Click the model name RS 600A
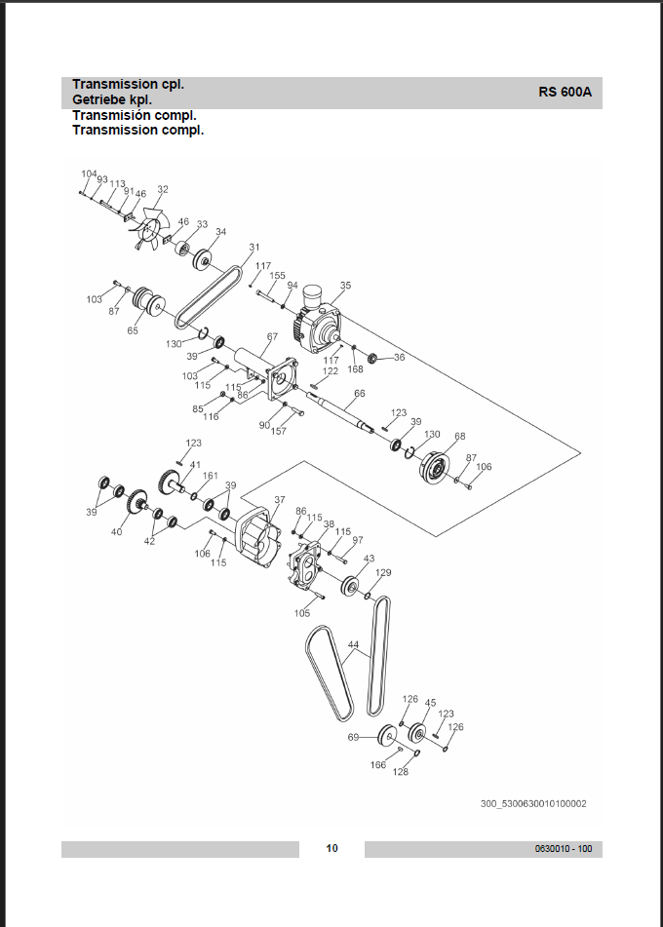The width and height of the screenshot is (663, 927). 565,93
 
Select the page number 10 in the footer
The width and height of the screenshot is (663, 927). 331,848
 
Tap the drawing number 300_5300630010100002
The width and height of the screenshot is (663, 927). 533,803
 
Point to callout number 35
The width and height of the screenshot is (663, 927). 345,285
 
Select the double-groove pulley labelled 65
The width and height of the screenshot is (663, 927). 148,300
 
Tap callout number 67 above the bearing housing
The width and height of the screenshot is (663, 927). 272,337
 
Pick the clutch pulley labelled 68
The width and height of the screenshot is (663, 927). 435,467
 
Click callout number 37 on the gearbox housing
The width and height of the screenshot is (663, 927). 280,499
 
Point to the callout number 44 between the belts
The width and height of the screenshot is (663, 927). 354,644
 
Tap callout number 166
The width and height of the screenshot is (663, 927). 378,765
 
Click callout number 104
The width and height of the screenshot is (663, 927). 89,174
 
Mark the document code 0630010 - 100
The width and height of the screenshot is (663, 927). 564,849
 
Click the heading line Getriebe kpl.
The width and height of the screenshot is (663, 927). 112,99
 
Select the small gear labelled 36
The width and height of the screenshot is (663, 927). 372,358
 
